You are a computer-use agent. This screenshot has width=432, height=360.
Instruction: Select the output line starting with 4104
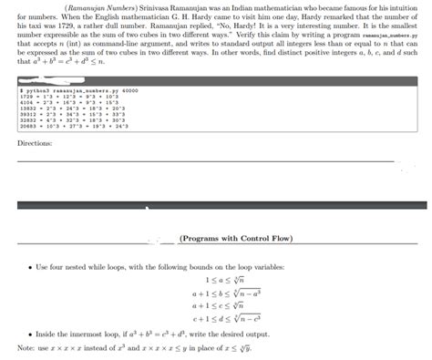point(64,103)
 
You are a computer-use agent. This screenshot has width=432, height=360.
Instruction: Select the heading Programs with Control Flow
point(236,239)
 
